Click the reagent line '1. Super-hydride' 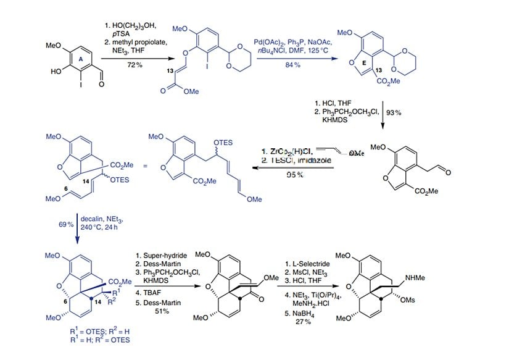click(x=158, y=254)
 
